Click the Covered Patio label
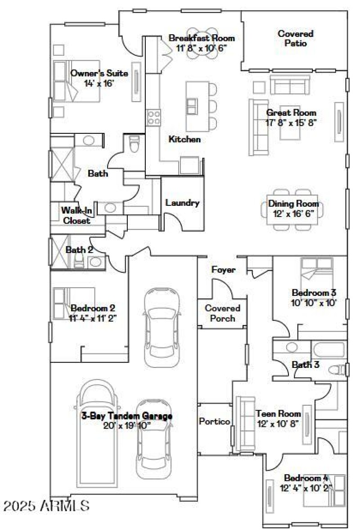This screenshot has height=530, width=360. tap(295, 38)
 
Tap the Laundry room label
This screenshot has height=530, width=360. tap(182, 203)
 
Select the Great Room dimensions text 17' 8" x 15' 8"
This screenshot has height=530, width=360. tap(291, 122)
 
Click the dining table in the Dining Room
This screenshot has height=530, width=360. tap(291, 209)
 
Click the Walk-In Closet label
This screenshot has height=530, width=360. tap(76, 215)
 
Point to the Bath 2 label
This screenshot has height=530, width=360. tap(79, 250)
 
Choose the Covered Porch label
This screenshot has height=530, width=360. tap(223, 313)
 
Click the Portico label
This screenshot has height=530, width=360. tap(215, 421)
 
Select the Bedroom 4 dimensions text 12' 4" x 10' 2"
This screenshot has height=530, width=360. tap(306, 488)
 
